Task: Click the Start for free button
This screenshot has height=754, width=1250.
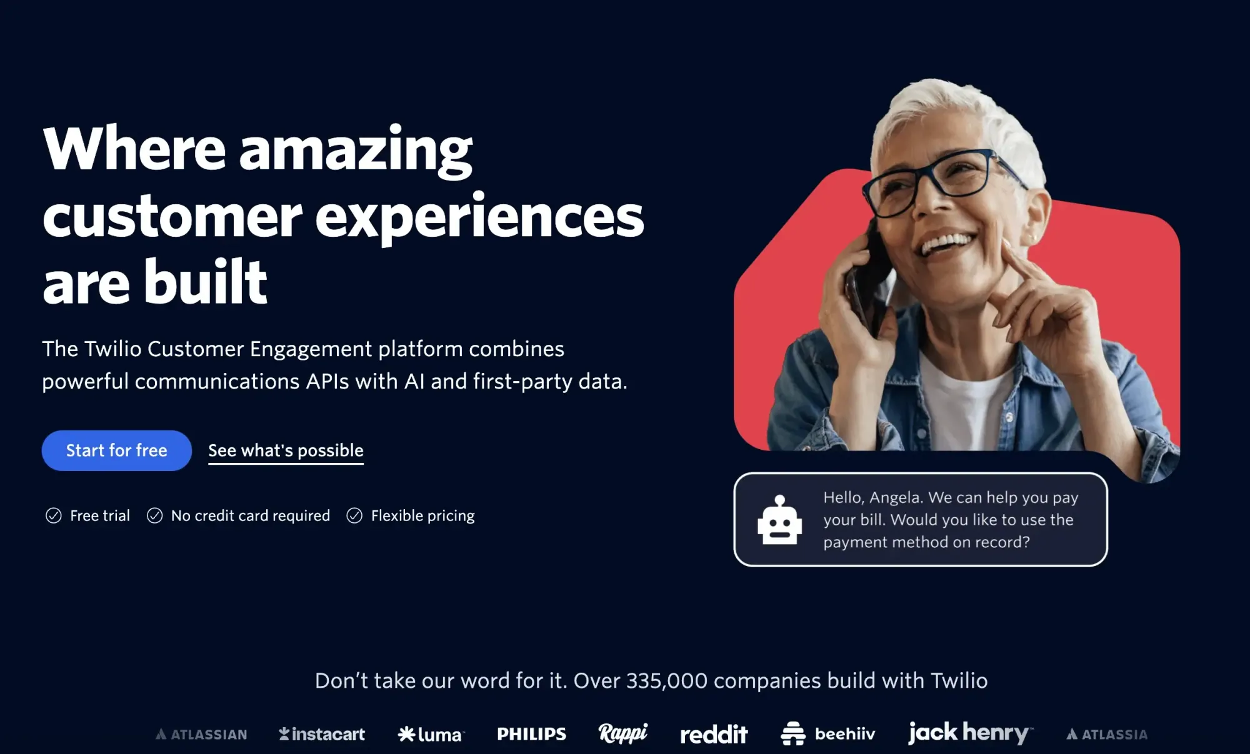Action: click(117, 450)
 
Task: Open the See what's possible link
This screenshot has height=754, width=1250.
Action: click(286, 451)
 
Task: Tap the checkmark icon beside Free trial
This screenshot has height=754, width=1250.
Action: click(54, 515)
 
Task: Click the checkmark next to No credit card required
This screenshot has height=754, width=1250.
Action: click(154, 515)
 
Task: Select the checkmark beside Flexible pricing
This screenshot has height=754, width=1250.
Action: click(354, 515)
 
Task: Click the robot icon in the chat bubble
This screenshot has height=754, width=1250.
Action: click(779, 520)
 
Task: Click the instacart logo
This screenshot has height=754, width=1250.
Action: click(322, 734)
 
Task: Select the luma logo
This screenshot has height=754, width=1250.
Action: click(431, 734)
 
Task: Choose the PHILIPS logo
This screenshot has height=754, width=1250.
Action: click(532, 734)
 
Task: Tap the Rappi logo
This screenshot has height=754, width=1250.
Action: click(623, 733)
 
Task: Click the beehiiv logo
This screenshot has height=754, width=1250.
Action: click(828, 733)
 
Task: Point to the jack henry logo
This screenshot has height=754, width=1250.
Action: click(971, 733)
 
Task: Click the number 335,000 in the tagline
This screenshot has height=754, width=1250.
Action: click(667, 680)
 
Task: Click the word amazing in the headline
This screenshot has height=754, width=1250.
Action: click(356, 150)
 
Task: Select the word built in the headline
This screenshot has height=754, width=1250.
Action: click(206, 282)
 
